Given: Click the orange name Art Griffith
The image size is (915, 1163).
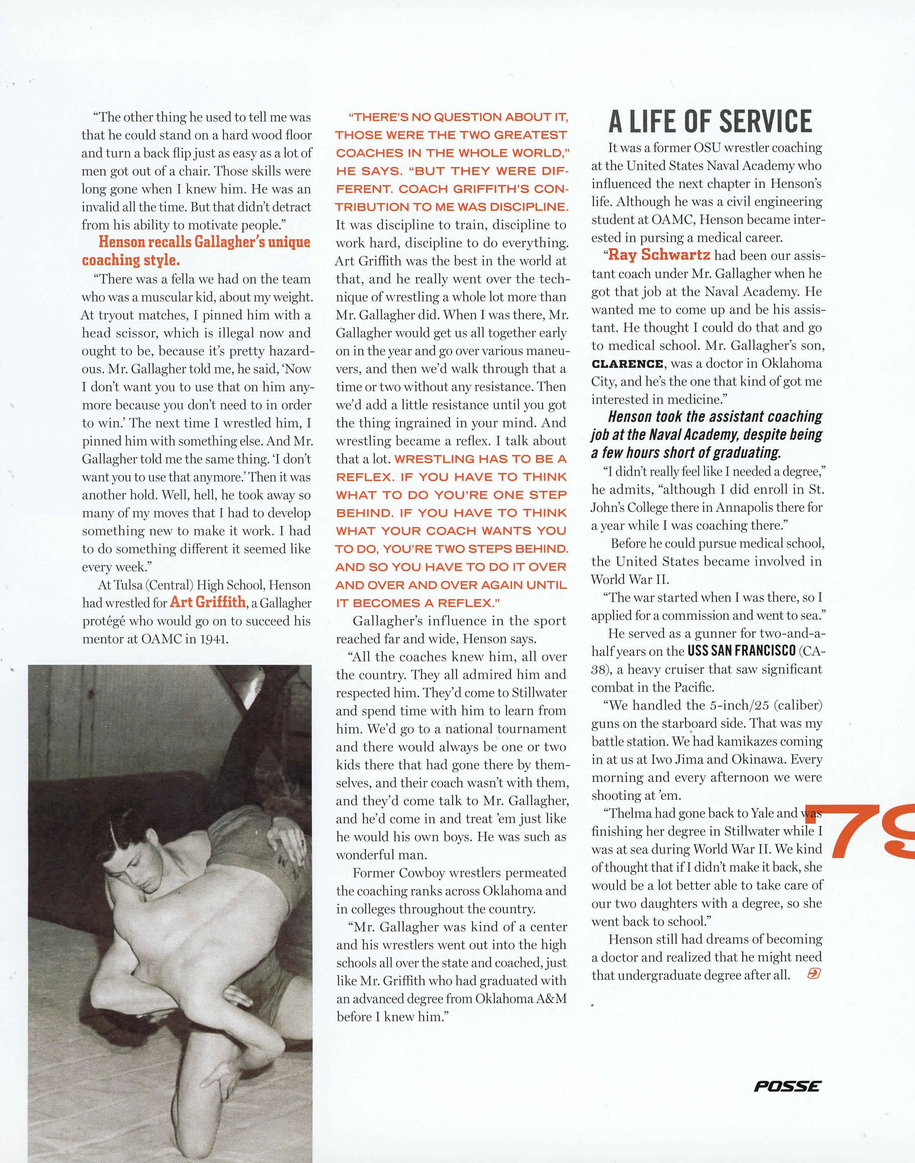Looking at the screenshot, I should (207, 602).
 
